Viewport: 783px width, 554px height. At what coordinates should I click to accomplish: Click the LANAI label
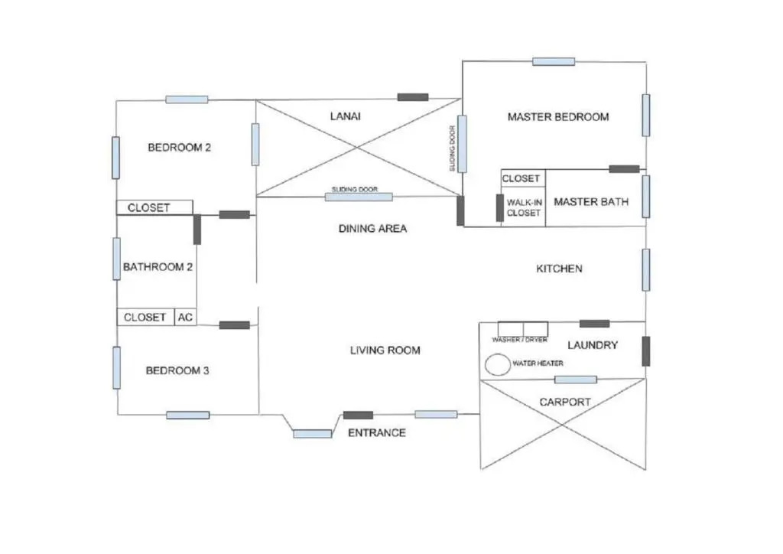coord(345,117)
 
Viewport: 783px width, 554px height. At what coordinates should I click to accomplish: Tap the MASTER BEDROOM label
coord(558,117)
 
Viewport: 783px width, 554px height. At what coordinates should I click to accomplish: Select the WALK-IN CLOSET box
coord(523,207)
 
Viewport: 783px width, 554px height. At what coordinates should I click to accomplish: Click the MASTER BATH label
coord(591,202)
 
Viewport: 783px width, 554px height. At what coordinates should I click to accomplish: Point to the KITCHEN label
coord(559,269)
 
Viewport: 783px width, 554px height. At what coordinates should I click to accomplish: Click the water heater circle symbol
coord(498,364)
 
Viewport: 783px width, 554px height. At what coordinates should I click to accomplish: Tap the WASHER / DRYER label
coord(520,340)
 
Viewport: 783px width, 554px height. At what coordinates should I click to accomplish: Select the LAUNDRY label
coord(593,345)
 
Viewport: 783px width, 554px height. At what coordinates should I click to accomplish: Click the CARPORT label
coord(565,402)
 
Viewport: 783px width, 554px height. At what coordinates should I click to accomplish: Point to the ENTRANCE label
coord(376,433)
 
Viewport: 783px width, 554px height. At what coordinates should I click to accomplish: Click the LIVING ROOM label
coord(385,350)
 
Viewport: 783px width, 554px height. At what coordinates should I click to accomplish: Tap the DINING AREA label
coord(372,228)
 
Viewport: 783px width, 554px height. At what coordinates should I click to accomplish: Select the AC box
coord(185,317)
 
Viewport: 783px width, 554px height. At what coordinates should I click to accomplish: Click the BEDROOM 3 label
coord(177,370)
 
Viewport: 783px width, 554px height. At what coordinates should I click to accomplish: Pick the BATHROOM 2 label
coord(158,267)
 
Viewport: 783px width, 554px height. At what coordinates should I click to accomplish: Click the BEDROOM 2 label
coord(179,148)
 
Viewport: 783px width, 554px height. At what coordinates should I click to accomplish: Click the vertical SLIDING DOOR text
coord(453,148)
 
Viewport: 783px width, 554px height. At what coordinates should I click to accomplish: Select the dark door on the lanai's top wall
coord(413,97)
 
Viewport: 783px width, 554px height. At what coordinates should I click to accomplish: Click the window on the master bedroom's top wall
coord(554,61)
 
